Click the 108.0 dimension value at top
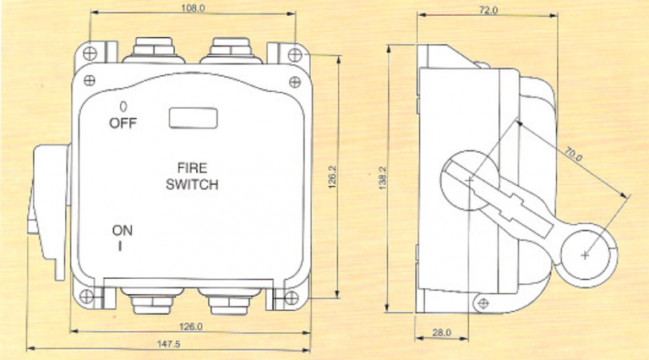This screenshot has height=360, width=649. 194,8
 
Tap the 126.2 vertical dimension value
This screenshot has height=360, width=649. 332,177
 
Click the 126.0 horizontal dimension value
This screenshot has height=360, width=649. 191,327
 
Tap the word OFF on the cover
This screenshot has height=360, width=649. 123,123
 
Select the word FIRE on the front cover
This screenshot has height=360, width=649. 193,168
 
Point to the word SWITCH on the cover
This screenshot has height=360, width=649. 193,184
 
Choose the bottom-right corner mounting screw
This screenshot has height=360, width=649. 292,297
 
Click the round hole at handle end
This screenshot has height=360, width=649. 586,253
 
